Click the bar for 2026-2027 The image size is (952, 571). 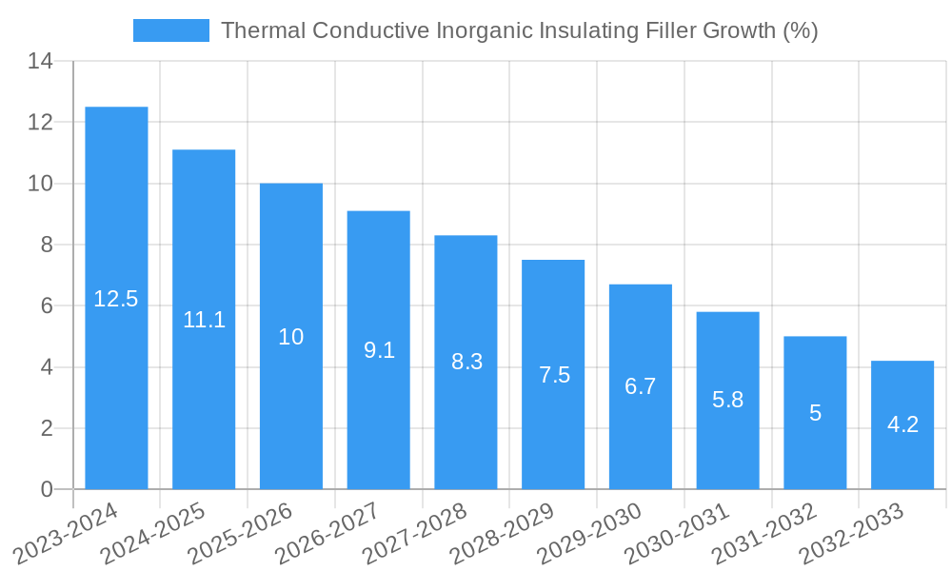[378, 400]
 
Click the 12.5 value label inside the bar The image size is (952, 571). [116, 299]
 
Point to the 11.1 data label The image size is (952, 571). [204, 320]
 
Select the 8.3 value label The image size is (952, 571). [466, 362]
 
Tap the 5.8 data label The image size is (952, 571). [727, 400]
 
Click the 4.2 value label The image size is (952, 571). [902, 424]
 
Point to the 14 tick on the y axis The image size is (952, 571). [40, 62]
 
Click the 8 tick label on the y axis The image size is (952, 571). [46, 245]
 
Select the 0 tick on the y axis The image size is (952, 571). [46, 489]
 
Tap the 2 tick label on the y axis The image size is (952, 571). [46, 428]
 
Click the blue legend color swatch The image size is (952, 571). [171, 30]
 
